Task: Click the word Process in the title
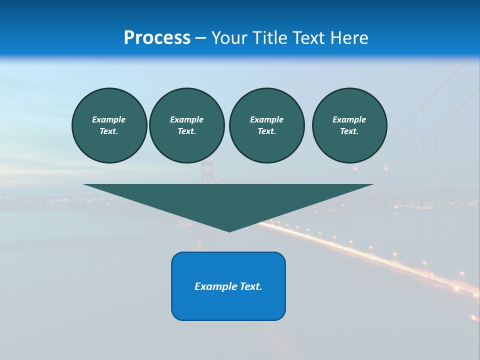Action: (157, 38)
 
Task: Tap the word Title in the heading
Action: (270, 38)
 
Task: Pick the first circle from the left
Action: (109, 125)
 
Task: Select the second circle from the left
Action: (186, 125)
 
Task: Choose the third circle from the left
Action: (266, 125)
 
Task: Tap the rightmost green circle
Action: (349, 125)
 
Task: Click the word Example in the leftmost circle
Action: (109, 119)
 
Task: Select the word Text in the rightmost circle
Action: (349, 131)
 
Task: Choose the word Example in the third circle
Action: (266, 119)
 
